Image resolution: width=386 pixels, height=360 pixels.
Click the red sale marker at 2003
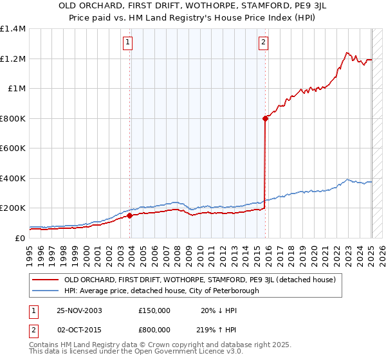(129, 216)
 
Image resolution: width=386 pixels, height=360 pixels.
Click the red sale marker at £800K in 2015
(265, 118)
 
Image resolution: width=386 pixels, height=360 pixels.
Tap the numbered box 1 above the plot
(128, 43)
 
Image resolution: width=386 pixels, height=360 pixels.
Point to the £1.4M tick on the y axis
(13, 29)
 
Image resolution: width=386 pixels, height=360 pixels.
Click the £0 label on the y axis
(19, 238)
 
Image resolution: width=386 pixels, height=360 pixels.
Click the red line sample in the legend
(45, 280)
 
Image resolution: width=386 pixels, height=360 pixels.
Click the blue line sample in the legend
(45, 291)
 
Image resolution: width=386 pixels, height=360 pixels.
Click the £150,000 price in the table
(154, 310)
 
